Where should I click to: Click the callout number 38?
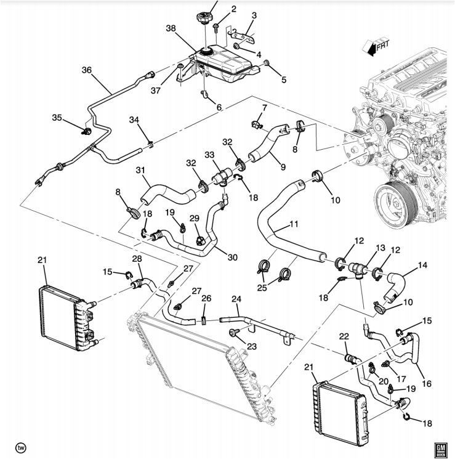(171, 28)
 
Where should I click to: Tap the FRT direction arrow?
(372, 46)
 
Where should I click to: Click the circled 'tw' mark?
(20, 447)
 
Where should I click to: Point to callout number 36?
(86, 70)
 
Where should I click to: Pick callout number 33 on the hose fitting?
(210, 155)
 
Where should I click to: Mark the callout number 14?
(422, 266)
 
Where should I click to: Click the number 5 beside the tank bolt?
(284, 79)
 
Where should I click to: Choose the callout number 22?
(344, 335)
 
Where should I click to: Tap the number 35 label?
(57, 117)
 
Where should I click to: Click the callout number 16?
(427, 383)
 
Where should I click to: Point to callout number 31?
(140, 171)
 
